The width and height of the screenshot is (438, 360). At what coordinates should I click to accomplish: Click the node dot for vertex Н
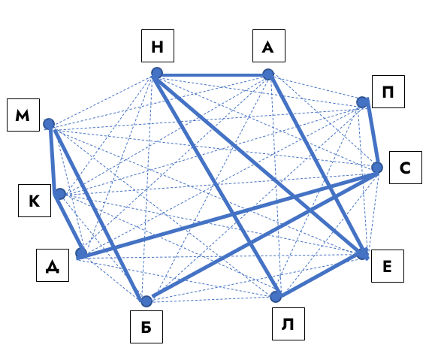coord(157,73)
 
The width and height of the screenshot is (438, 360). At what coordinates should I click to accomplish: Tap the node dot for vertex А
coord(268,74)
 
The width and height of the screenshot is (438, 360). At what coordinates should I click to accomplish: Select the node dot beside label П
coord(362,102)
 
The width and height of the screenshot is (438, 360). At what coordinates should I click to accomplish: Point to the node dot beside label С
coord(377,168)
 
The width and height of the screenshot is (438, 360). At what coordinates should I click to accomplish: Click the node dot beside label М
coord(49,124)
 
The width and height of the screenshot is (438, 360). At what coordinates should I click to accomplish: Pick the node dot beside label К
coord(60,194)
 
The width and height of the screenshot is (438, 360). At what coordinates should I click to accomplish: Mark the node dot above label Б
coord(147,301)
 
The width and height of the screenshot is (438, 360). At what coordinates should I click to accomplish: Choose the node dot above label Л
coord(276,297)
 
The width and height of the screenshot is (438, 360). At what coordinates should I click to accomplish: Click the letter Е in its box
coord(387,266)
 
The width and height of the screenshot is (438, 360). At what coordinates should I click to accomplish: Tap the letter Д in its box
coord(53,266)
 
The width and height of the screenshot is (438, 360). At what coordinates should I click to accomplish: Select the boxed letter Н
coord(157,47)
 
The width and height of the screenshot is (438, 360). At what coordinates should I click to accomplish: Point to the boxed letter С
coord(405,168)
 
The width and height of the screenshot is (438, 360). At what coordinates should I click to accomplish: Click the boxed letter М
coord(23,115)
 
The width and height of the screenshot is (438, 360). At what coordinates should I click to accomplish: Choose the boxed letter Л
coord(288,324)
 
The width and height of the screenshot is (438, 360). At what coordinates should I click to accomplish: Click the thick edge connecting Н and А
coord(213,75)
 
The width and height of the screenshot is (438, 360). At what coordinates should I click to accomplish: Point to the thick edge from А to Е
coord(316,164)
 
